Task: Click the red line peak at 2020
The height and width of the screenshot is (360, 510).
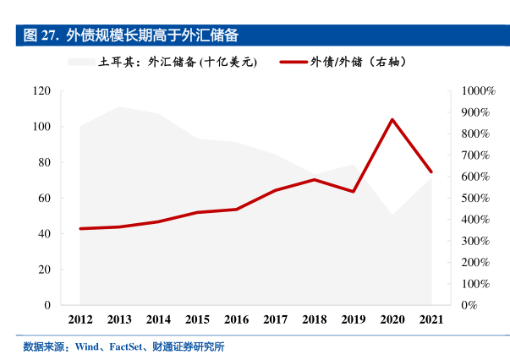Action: (x=392, y=119)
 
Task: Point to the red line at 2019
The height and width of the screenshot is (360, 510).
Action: (x=354, y=192)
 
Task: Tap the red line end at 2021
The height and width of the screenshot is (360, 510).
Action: (x=431, y=172)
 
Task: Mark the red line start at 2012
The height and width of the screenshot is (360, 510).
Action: (x=80, y=228)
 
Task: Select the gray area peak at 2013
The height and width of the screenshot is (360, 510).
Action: (x=119, y=106)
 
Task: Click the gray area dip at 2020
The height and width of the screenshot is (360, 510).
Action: (x=392, y=215)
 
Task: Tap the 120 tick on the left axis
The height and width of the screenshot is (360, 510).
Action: (x=41, y=90)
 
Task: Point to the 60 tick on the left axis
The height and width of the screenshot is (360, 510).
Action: (x=45, y=198)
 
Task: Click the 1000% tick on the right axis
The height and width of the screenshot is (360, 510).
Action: (x=478, y=90)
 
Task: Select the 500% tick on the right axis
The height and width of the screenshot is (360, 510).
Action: (x=475, y=198)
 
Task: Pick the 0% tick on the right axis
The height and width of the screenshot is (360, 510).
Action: (x=469, y=305)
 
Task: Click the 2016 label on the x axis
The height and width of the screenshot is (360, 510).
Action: (x=236, y=319)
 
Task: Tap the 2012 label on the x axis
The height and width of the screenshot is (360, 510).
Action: (x=80, y=319)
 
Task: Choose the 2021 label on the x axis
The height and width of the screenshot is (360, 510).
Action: (x=431, y=319)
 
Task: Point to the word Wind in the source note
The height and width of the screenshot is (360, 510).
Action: (x=87, y=346)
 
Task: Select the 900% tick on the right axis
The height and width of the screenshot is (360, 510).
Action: (x=475, y=112)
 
